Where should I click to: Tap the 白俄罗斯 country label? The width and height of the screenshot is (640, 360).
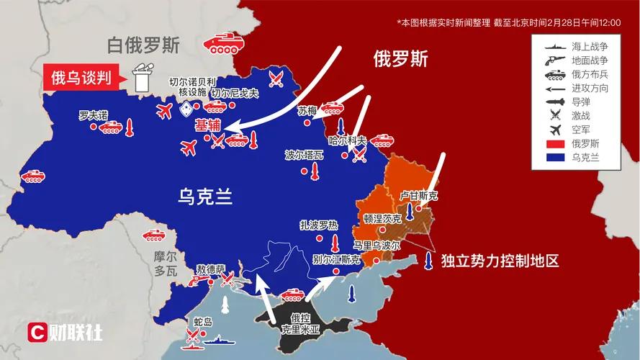coord(143,46)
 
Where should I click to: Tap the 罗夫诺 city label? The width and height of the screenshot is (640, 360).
coord(93,114)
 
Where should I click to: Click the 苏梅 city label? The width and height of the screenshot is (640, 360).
coord(307,111)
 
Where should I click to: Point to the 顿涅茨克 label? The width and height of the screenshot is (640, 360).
coord(382,218)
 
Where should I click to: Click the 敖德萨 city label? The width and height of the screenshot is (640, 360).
coord(210,268)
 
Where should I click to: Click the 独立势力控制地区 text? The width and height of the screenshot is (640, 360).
coord(500,261)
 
